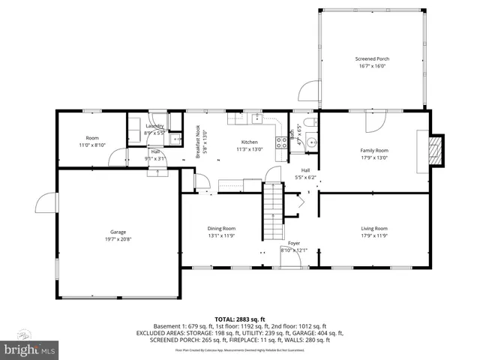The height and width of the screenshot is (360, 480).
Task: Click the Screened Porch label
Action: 372,58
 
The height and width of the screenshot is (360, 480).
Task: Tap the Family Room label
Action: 373,150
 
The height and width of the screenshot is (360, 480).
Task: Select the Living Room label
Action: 373,228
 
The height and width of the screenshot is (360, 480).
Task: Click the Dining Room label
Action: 221,228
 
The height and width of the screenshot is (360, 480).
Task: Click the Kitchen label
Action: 249,142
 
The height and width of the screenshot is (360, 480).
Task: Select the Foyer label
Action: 294,244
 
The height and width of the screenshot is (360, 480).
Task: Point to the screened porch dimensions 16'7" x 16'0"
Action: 372,65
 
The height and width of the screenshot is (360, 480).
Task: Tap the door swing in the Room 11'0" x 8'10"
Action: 117,157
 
